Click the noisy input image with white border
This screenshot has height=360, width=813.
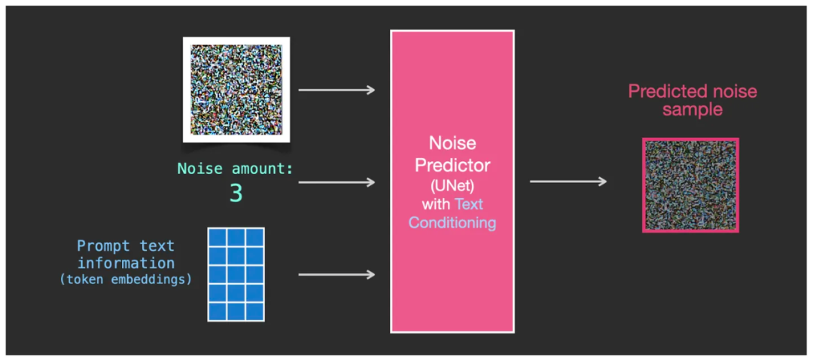(236, 90)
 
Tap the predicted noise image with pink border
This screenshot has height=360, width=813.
(690, 185)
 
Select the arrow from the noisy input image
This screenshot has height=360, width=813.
(336, 90)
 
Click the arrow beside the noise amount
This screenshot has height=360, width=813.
(336, 182)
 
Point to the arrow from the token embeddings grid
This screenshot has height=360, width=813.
(336, 275)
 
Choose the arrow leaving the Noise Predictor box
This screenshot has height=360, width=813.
(568, 182)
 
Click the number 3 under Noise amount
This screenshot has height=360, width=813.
(236, 194)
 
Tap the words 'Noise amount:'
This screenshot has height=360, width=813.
(235, 169)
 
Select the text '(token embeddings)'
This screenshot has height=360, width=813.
(125, 279)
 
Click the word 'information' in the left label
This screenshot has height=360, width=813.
(126, 263)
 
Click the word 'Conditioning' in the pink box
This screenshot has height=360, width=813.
(452, 223)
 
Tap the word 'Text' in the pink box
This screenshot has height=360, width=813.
(469, 203)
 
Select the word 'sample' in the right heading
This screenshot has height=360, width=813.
(693, 110)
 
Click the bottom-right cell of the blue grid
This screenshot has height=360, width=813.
(254, 311)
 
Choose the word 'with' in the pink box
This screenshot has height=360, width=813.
(435, 203)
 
